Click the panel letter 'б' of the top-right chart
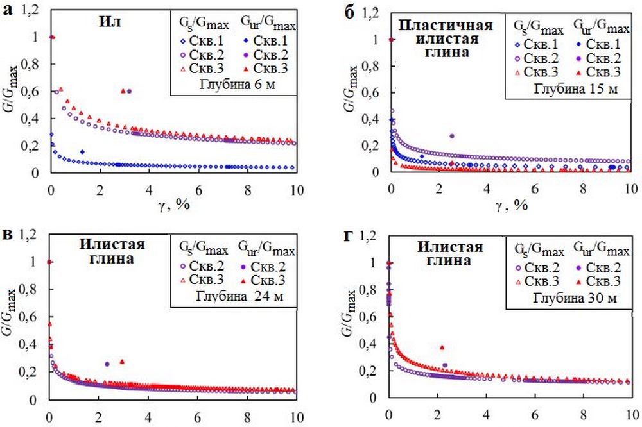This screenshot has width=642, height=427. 350,12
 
